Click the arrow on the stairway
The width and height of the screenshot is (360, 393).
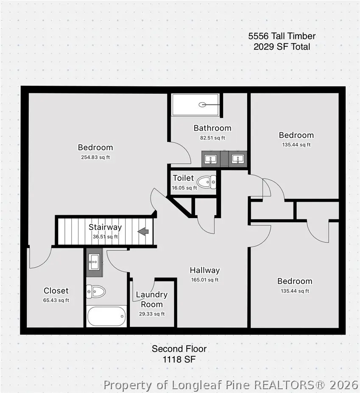143,231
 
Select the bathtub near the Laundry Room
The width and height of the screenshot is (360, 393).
106,316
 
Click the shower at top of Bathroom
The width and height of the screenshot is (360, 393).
196,104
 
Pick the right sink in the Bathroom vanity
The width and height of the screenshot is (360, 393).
237,159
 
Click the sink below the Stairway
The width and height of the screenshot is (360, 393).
94,262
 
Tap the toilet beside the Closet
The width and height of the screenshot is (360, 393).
96,291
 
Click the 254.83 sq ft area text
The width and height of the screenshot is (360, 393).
95,157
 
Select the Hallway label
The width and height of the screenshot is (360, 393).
205,270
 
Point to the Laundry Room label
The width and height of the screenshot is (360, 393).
151,299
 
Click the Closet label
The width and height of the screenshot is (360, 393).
56,291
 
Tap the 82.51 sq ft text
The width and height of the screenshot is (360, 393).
212,138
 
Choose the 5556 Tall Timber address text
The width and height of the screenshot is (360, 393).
282,36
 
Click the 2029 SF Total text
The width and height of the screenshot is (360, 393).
282,47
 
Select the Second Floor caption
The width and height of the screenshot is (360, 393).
179,349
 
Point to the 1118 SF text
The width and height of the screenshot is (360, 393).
179,359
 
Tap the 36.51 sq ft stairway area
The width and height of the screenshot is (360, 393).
105,237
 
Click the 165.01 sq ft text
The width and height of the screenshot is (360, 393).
205,280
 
